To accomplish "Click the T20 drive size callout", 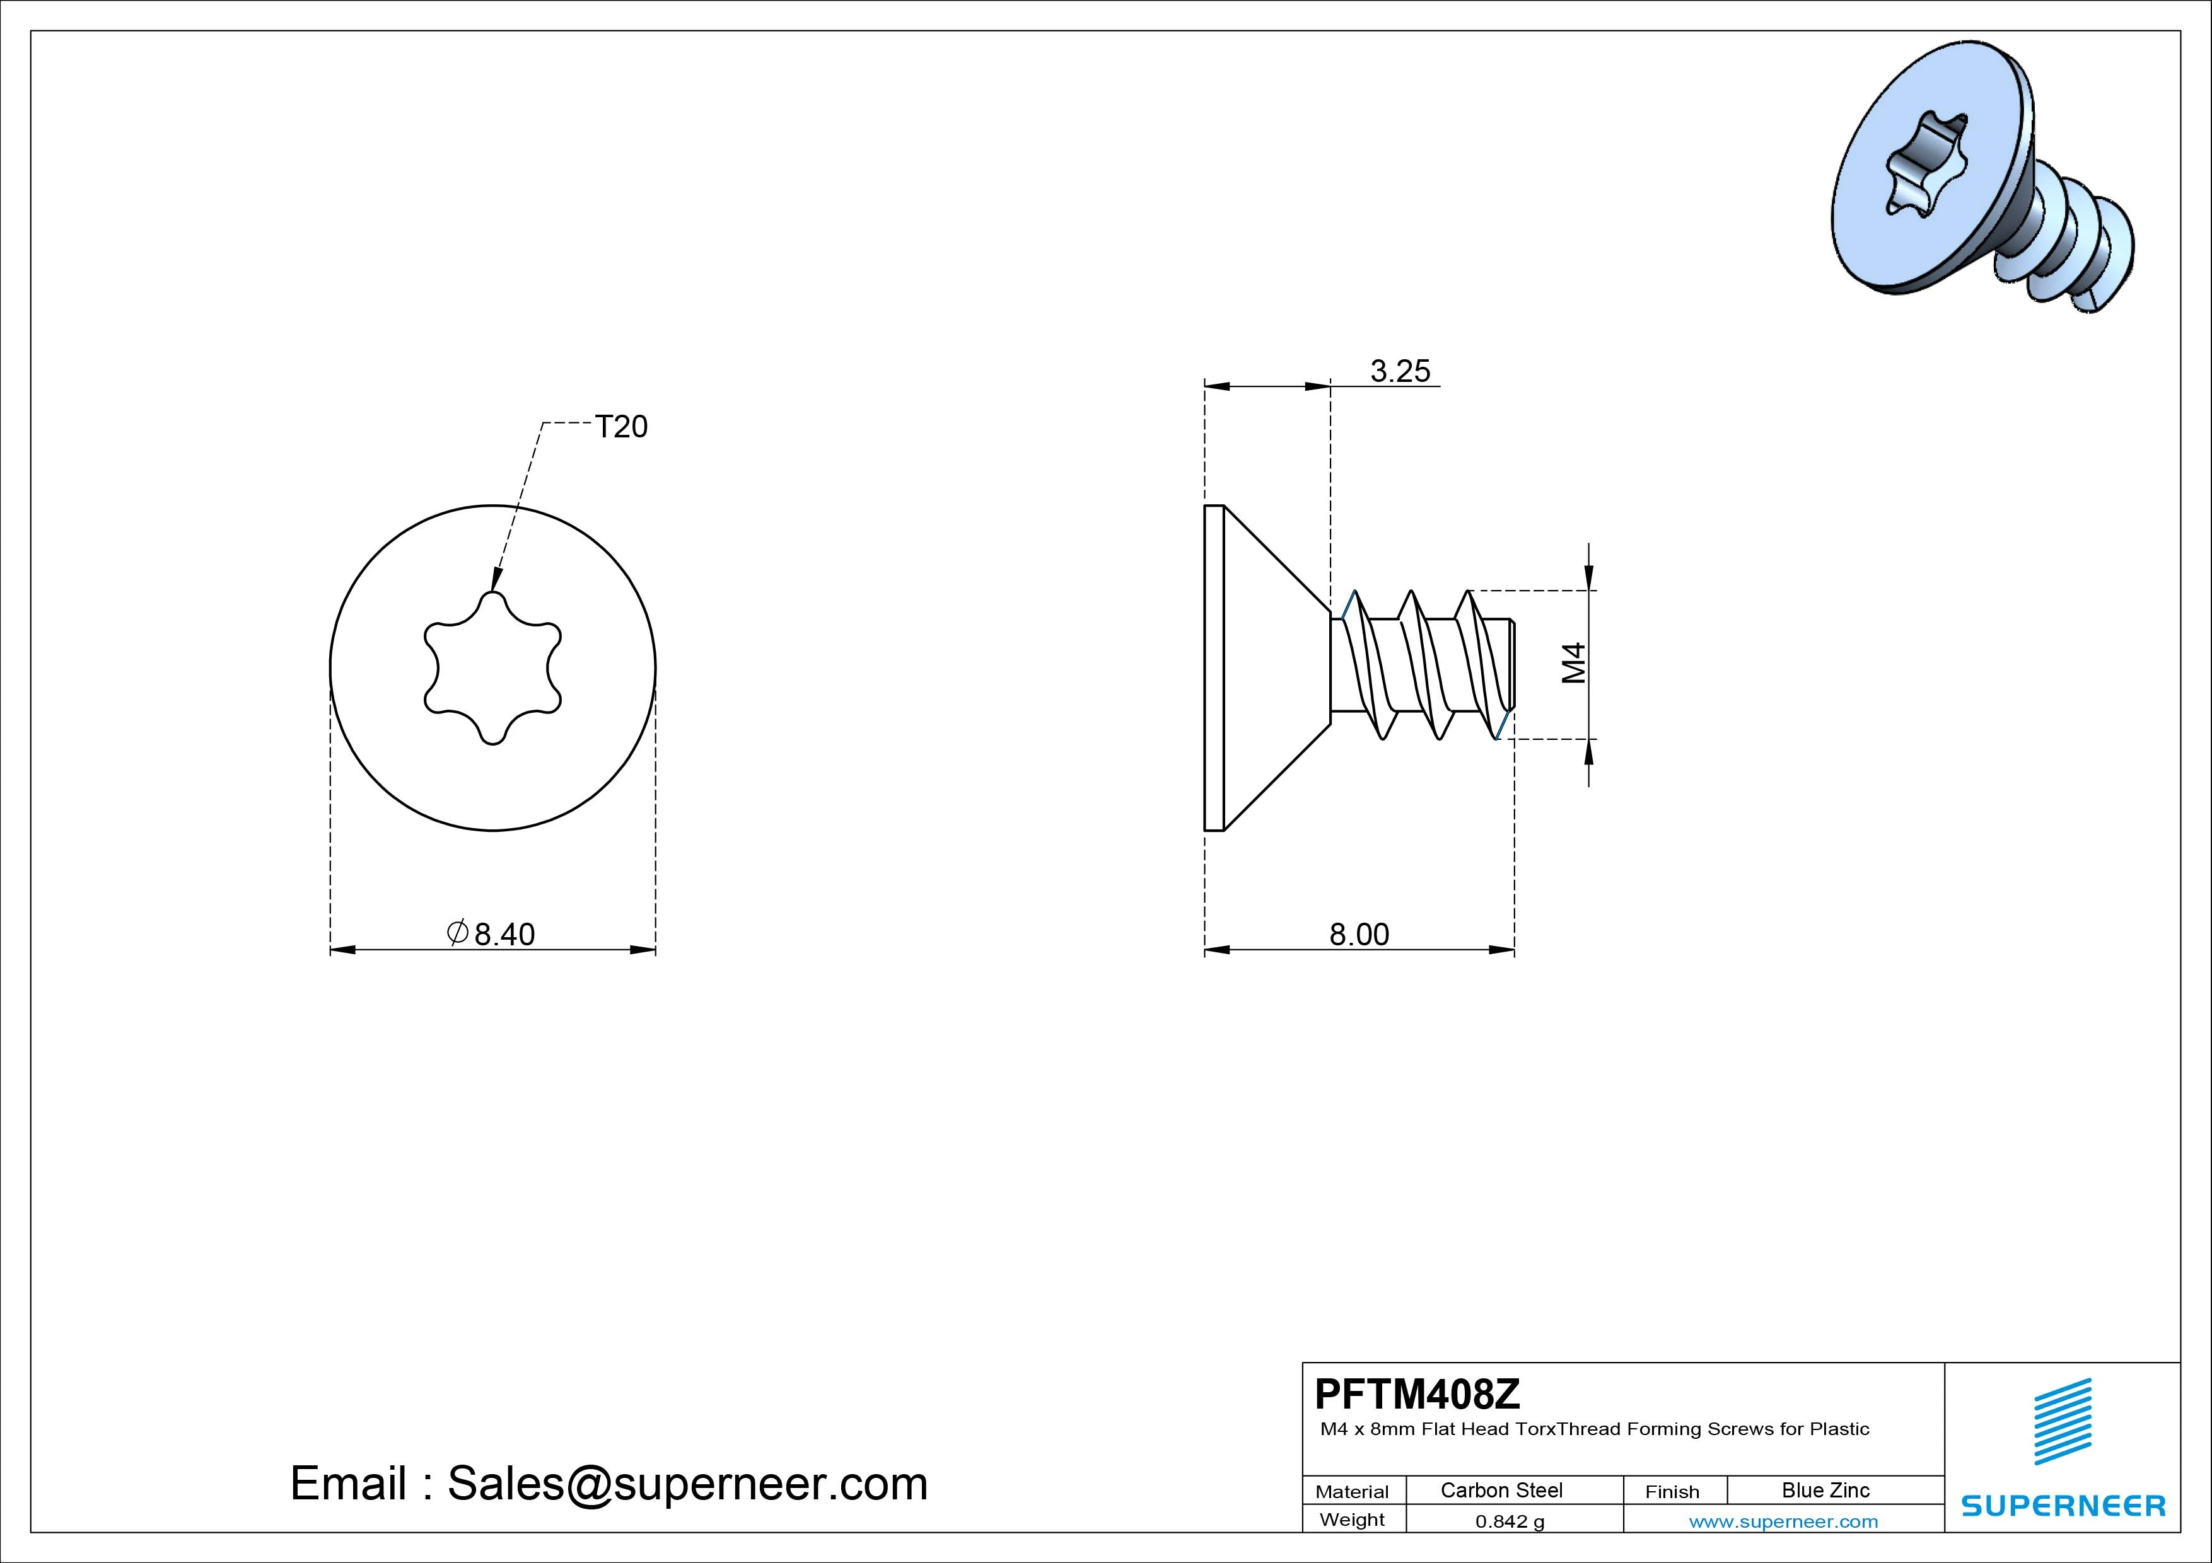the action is [621, 427].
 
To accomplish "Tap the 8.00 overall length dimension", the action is [1359, 934].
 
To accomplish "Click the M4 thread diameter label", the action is [1573, 664].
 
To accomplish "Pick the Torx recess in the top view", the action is [493, 667].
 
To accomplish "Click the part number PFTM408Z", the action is [1417, 1393].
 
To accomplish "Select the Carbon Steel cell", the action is [1501, 1490].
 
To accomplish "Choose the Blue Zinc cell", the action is [1825, 1490].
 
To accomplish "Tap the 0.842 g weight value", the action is [1510, 1521].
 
